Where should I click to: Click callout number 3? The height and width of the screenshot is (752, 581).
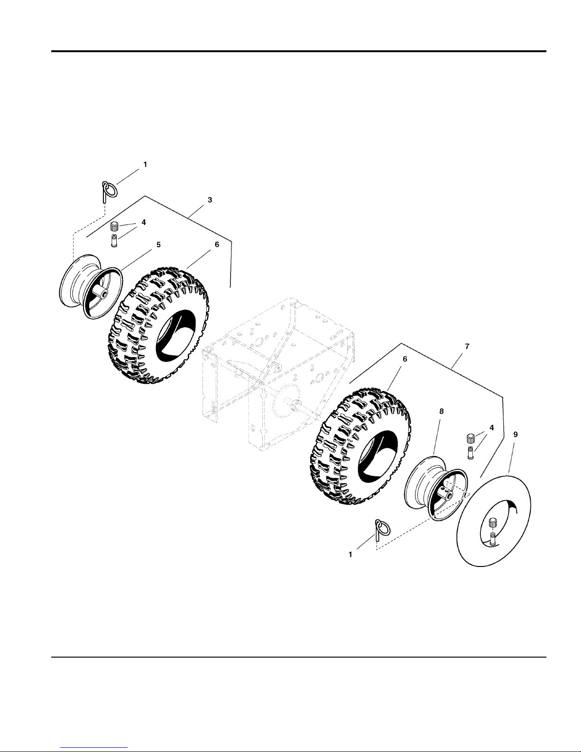point(210,200)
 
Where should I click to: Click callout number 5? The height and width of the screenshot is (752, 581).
point(158,245)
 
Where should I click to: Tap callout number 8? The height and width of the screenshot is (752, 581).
point(441,412)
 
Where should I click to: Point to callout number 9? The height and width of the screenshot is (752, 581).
point(516,434)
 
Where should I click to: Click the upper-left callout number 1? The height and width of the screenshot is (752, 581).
point(145,164)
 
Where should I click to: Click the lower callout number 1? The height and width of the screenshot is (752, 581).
point(350,554)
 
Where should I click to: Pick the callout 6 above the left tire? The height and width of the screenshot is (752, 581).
point(217,245)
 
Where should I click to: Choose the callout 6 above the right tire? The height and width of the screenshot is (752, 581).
point(405,360)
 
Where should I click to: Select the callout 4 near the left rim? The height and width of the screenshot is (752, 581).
point(144,223)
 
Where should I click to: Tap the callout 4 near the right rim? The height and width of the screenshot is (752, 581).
point(491,427)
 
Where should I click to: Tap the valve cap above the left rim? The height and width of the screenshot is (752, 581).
point(114,225)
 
